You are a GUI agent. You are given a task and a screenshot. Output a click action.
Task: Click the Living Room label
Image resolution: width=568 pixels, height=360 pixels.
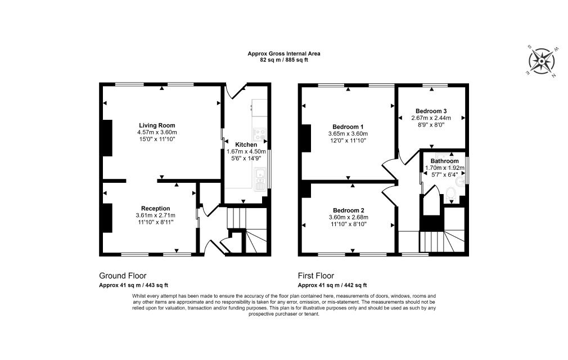157,125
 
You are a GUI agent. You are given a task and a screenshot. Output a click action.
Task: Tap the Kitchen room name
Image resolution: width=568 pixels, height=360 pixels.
246,145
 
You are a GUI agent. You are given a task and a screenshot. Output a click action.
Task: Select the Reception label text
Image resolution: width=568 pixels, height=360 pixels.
155,208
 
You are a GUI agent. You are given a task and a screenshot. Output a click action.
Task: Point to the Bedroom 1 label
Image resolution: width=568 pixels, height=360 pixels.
348,127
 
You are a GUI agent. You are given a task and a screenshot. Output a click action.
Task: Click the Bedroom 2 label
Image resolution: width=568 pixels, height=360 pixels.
349,210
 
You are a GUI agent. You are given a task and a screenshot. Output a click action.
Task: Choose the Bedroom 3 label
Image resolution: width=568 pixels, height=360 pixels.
431,111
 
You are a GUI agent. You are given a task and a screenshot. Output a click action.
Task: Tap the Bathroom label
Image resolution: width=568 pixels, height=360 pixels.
444,161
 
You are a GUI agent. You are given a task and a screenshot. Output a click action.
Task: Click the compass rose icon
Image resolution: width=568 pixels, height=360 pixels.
541,61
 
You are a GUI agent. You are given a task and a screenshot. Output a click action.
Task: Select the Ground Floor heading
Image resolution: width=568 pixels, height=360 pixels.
123,276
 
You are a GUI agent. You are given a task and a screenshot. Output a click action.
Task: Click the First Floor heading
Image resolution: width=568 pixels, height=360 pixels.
316,276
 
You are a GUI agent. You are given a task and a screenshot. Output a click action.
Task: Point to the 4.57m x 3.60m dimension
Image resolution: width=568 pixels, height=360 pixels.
157,132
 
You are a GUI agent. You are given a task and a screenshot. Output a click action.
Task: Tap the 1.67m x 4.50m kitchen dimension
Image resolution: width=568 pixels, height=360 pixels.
246,151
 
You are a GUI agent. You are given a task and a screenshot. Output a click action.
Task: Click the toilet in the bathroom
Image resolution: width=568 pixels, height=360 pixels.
451,194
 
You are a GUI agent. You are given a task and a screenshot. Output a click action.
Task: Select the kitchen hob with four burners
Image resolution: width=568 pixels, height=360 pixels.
259,134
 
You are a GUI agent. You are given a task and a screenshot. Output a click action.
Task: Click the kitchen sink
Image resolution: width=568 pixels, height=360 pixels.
260,178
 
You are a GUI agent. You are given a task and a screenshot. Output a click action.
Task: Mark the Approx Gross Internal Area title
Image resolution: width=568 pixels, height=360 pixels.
283,53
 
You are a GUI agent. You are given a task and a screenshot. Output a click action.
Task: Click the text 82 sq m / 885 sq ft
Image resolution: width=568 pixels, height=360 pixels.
283,60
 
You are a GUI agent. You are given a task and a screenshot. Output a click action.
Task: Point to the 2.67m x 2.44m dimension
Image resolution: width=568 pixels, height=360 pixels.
431,118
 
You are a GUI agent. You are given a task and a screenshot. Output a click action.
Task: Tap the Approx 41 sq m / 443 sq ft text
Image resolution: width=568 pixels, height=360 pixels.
133,285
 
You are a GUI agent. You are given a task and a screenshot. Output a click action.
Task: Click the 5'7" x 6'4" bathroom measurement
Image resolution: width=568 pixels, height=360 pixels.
444,174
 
